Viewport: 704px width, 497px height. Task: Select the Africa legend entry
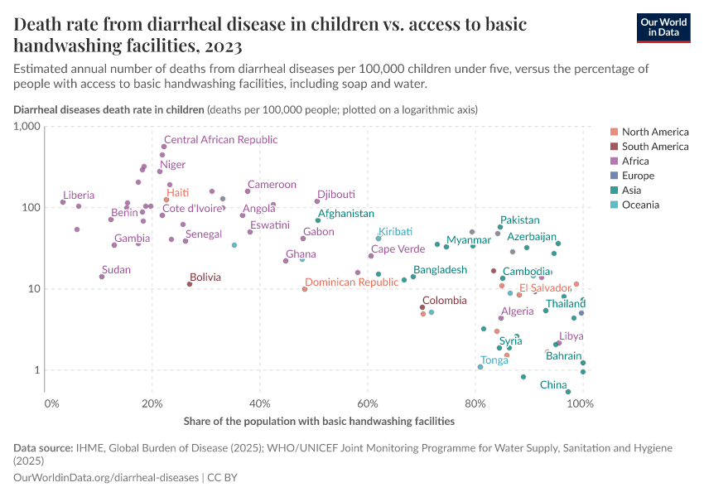click(x=635, y=161)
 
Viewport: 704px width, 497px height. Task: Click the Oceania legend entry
click(x=640, y=205)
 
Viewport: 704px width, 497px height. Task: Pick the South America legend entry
click(x=654, y=147)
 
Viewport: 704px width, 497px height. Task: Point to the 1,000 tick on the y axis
click(x=27, y=126)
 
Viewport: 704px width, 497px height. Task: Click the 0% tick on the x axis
click(x=51, y=403)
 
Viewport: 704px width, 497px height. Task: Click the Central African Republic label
click(x=220, y=140)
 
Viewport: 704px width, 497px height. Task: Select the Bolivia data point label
click(x=205, y=277)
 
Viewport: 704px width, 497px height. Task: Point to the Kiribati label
click(x=395, y=232)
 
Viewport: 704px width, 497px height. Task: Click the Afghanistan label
click(x=345, y=214)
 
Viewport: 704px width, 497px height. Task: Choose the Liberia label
click(x=79, y=195)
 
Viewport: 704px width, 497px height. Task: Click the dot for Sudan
click(x=102, y=277)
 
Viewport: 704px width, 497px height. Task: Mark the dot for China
click(x=568, y=392)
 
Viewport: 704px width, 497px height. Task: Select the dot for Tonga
click(x=480, y=366)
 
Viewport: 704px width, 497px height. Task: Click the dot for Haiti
click(x=166, y=200)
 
